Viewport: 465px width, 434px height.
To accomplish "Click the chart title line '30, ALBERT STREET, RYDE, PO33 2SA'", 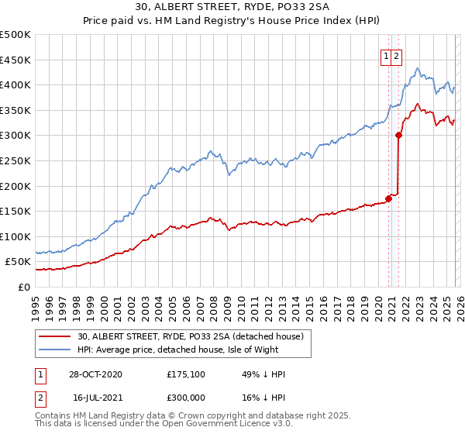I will point(232,9).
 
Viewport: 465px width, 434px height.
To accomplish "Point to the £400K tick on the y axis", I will point(16,85).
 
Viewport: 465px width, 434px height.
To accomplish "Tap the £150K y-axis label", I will point(16,211).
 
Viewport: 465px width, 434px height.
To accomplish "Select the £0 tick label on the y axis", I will point(23,287).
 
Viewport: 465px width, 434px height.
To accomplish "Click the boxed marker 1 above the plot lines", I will point(385,56).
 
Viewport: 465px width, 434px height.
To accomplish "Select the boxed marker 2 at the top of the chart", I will point(396,56).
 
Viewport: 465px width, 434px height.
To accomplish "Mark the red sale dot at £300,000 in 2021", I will point(398,135).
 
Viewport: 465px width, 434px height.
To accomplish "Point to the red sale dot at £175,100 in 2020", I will point(388,198).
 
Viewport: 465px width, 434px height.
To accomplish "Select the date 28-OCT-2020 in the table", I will point(96,374).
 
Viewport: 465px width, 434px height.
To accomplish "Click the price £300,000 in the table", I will point(186,396).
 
